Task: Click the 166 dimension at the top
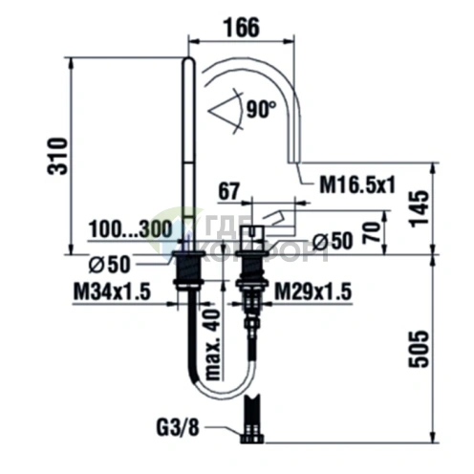[x=241, y=28]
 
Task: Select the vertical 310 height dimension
[x=57, y=156]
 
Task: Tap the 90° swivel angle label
[x=261, y=109]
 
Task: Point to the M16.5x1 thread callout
[x=357, y=184]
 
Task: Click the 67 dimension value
[x=228, y=192]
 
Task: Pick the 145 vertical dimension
[x=419, y=208]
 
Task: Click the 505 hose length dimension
[x=419, y=349]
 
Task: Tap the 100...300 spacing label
[x=130, y=228]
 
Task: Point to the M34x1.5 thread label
[x=112, y=291]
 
